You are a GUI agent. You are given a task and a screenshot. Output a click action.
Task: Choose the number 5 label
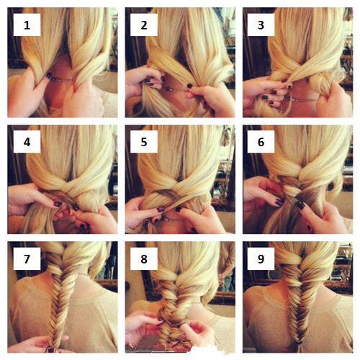tap(143, 143)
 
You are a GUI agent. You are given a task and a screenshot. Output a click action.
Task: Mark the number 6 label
tap(261, 143)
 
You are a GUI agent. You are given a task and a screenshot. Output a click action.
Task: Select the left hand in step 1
tap(29, 90)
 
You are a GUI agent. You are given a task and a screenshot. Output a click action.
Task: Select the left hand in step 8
tap(144, 328)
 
